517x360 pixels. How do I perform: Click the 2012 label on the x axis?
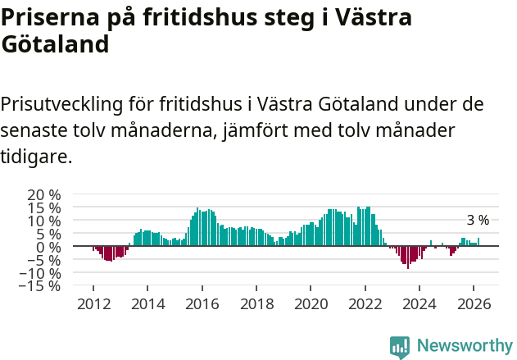(93, 303)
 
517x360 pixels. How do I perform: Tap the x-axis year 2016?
(202, 303)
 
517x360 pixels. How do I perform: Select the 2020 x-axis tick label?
(310, 303)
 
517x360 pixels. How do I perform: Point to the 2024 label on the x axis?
(419, 303)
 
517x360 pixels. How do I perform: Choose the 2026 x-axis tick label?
(473, 303)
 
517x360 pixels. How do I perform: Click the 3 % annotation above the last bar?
(478, 221)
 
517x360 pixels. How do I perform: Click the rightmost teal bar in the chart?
(478, 242)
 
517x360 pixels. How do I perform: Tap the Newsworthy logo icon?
(400, 347)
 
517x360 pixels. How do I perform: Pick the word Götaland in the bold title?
(55, 45)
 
